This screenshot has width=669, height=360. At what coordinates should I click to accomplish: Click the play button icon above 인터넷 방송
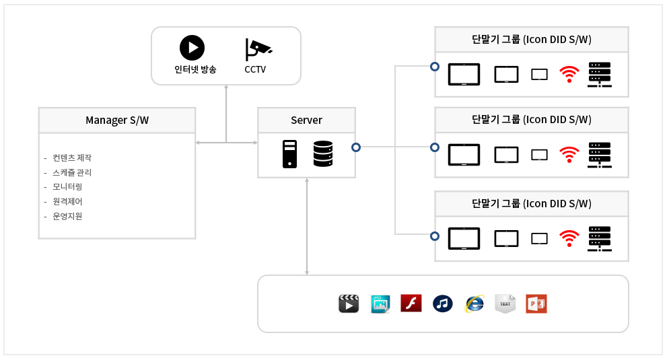coord(192,48)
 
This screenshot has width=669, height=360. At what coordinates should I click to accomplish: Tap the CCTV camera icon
coord(258,48)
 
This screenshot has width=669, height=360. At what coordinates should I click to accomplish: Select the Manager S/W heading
coord(117,120)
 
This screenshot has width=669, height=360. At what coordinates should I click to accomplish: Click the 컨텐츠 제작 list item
coord(71,158)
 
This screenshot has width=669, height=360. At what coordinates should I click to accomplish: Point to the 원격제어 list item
coord(67,202)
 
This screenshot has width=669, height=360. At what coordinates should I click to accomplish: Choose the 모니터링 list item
coord(67,187)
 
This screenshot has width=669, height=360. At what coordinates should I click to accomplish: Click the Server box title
coord(306,120)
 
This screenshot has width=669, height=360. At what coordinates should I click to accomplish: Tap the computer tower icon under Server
coord(289,154)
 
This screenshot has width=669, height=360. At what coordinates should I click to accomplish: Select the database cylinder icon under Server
coord(323,154)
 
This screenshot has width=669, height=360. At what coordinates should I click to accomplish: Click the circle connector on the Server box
coord(356,147)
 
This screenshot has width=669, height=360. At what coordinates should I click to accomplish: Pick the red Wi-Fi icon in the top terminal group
coord(569,74)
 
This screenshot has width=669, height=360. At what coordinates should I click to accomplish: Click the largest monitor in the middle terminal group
coord(464,154)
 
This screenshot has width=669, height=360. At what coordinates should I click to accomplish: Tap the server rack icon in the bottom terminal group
coord(599,239)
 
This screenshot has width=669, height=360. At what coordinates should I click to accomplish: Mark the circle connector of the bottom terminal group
coord(435,236)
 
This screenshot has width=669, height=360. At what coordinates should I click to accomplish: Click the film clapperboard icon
coord(348,303)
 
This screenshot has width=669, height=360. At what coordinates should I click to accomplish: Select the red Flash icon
coord(411,303)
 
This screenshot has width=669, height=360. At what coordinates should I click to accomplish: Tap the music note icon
coord(442,303)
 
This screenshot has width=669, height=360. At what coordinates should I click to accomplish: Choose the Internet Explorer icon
coord(474,303)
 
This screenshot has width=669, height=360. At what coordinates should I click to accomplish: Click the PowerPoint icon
coord(536,303)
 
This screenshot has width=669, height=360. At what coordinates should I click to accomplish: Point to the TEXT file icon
coord(505,303)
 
